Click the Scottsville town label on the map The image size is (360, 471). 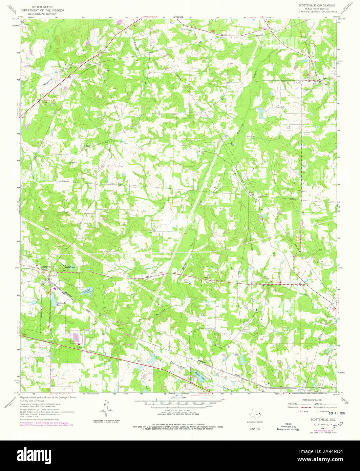tap(46, 267)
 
